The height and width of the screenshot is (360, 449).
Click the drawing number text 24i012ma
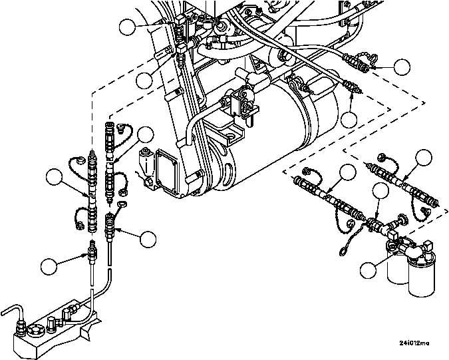click(414, 343)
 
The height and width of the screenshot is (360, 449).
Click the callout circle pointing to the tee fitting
click(381, 191)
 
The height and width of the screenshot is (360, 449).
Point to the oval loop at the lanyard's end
click(343, 252)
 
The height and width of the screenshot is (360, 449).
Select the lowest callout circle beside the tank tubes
click(49, 267)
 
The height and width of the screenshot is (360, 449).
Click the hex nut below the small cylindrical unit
click(148, 182)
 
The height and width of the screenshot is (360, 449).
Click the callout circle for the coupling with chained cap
click(402, 67)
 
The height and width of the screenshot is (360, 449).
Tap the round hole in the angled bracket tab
click(229, 135)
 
